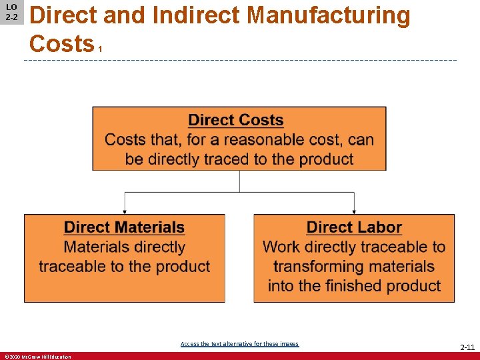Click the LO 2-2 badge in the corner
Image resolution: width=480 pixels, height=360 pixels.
[x=11, y=12]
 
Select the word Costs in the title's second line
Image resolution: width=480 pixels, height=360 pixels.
[x=61, y=44]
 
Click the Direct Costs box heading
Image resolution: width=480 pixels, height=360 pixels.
[x=236, y=121]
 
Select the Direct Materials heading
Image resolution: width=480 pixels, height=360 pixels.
[x=124, y=227]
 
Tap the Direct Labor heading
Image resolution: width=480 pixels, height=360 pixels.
[x=354, y=227]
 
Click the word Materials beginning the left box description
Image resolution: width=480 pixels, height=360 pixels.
[x=96, y=247]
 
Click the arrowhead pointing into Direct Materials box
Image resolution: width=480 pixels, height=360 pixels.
[x=125, y=210]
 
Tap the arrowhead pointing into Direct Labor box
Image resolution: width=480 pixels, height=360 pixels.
[x=354, y=210]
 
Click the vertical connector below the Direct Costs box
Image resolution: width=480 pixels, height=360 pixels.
[x=239, y=181]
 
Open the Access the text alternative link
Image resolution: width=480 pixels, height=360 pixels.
[x=239, y=344]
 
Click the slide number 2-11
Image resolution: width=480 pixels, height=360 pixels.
[x=467, y=347]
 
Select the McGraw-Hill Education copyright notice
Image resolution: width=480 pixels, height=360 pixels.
[x=37, y=357]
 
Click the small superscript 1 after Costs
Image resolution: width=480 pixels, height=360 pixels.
[x=100, y=50]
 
